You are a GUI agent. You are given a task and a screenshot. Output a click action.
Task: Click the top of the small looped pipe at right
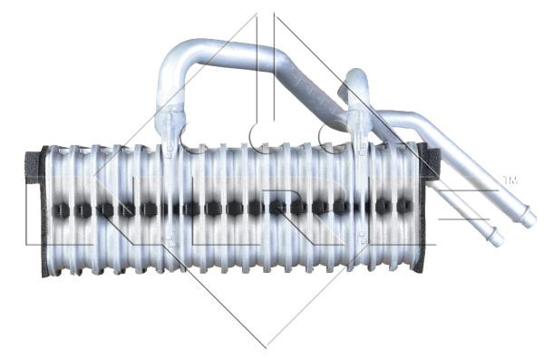356,77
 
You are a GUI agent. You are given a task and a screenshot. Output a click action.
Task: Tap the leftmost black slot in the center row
61,209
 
